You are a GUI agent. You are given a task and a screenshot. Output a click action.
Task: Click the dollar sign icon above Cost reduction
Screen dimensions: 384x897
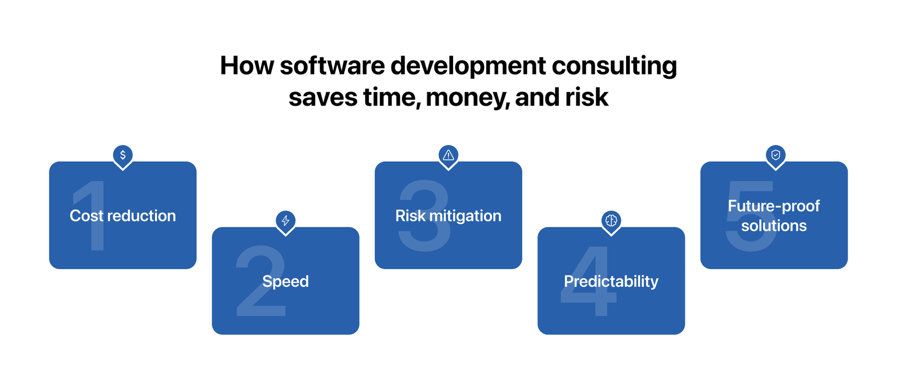123,155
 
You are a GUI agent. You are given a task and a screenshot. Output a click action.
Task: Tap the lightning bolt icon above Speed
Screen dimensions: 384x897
285,220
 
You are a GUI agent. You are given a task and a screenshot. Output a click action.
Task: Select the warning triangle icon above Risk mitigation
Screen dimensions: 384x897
448,155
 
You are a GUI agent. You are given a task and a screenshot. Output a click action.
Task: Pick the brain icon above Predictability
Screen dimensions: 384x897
611,220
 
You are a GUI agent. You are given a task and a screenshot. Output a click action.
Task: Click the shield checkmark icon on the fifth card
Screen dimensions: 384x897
776,155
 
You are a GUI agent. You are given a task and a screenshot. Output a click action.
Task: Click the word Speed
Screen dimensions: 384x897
285,282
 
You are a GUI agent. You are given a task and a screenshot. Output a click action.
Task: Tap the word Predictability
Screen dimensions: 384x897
611,282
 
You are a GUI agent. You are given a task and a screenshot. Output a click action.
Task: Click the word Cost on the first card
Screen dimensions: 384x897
86,216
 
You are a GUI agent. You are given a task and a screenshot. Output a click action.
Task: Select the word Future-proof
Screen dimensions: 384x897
774,206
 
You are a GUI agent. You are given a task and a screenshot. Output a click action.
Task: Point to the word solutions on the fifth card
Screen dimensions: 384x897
774,226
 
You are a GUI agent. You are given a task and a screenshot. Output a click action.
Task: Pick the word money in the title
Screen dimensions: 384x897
467,98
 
